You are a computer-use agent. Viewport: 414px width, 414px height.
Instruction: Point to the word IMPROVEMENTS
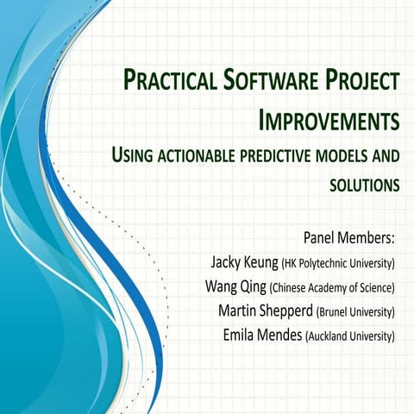click(x=329, y=120)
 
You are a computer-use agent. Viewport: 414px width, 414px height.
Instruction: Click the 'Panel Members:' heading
click(x=349, y=237)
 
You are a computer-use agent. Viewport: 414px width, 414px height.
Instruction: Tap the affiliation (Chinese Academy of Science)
click(x=333, y=287)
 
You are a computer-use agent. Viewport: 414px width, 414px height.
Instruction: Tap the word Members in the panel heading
click(x=367, y=237)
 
